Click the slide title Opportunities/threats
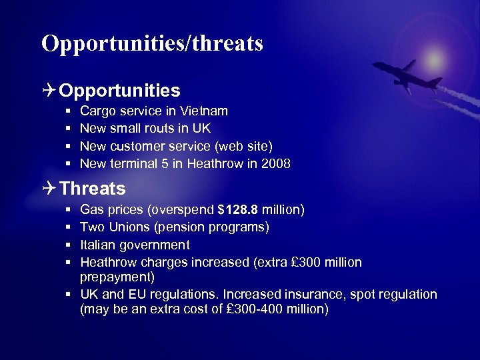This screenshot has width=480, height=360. point(152,43)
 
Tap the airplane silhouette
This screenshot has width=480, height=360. point(405,75)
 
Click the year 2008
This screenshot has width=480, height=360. point(276,163)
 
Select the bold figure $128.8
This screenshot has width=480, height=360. point(238,210)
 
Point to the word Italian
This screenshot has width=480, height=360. point(99,245)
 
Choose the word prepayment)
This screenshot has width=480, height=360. point(117,276)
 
